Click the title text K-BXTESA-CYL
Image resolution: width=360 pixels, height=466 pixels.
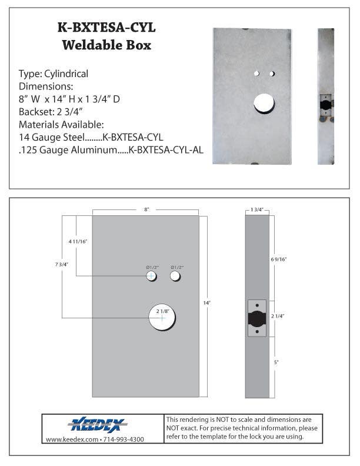[107, 28]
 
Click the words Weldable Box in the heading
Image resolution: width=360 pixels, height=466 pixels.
[107, 45]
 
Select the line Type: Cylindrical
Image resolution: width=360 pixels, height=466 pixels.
[54, 74]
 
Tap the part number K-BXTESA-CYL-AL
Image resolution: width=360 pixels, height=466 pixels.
[166, 150]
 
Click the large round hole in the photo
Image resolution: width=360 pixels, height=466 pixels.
[264, 103]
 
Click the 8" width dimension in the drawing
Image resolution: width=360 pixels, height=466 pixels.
[146, 209]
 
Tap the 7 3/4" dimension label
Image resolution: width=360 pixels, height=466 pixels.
[61, 265]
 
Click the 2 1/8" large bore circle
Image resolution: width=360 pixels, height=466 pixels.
[162, 318]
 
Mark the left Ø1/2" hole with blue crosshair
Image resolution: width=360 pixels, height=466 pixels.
[152, 276]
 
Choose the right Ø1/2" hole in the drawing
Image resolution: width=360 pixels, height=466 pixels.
[175, 276]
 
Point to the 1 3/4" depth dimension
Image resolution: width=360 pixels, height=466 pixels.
[256, 209]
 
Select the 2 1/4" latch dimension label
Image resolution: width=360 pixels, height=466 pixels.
[279, 317]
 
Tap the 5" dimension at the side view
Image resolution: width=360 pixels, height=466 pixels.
[276, 362]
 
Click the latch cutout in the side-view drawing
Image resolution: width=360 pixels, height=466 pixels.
[257, 318]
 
